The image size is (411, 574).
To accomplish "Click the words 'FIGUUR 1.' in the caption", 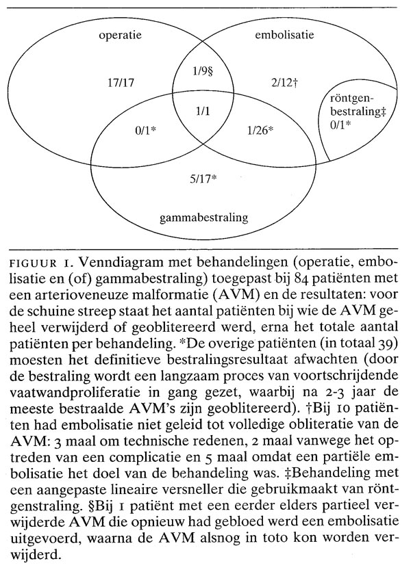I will point(41,265).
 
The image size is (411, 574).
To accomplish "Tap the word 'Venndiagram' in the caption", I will point(110,265).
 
